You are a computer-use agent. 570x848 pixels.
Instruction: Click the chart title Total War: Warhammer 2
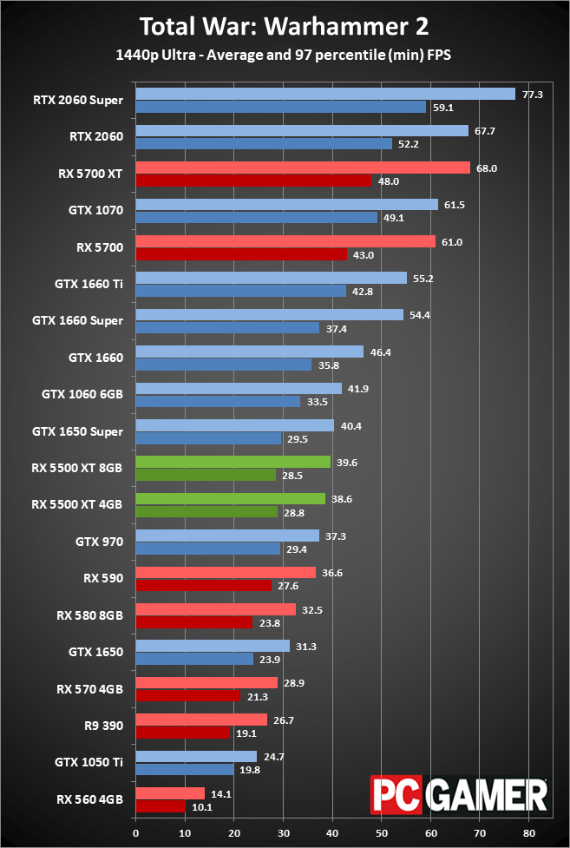click(x=285, y=26)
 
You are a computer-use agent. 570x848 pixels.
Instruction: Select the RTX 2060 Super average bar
click(x=325, y=94)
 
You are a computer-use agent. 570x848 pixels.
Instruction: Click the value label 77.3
click(x=531, y=94)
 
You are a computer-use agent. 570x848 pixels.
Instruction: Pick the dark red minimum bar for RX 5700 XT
click(x=252, y=181)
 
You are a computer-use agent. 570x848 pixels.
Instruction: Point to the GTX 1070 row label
click(x=95, y=209)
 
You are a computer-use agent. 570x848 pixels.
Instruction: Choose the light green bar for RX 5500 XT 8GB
click(x=233, y=462)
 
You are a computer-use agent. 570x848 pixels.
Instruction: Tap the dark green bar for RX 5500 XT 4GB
click(x=206, y=511)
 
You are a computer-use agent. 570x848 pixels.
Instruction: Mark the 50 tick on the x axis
click(x=382, y=832)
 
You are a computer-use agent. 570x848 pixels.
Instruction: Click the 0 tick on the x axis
click(x=136, y=832)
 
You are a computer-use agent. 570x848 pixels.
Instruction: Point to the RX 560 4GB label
click(x=89, y=799)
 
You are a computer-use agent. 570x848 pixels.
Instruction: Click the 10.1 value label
click(x=203, y=805)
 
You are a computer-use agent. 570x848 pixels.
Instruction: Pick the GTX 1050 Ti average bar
click(x=196, y=756)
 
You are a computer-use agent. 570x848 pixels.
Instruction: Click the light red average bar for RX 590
click(x=226, y=572)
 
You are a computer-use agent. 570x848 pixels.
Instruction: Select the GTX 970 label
click(x=100, y=542)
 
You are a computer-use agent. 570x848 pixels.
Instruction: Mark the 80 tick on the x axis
click(x=529, y=832)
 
